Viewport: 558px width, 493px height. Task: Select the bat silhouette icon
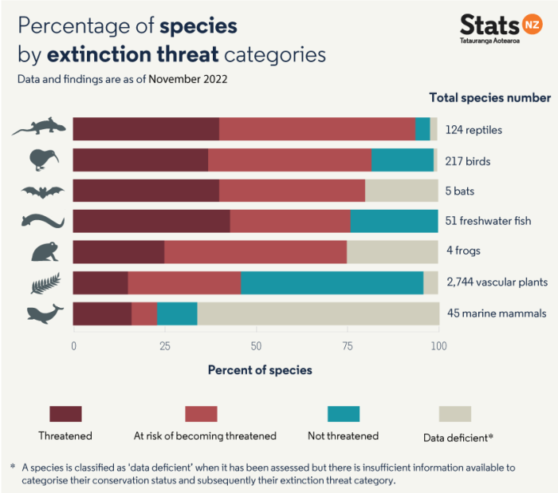[41, 191]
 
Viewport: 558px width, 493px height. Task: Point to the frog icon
[43, 252]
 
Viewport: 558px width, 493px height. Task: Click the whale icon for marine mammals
[45, 314]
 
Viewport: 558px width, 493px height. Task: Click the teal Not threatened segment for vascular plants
[332, 283]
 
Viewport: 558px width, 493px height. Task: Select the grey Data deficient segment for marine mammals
[317, 314]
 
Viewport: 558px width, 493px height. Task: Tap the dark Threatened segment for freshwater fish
[151, 221]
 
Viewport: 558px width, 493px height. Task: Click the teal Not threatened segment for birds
[403, 160]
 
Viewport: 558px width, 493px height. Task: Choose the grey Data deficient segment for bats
[401, 191]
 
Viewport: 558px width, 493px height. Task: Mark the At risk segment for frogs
[255, 252]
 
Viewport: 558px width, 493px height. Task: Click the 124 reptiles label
[474, 130]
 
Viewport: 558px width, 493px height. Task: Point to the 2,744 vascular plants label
[497, 282]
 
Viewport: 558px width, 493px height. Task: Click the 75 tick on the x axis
[347, 346]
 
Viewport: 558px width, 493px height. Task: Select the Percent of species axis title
[260, 370]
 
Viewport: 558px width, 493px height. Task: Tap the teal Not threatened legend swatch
[344, 413]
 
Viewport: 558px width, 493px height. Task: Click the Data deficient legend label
[458, 437]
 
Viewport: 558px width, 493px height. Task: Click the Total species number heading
[489, 97]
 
